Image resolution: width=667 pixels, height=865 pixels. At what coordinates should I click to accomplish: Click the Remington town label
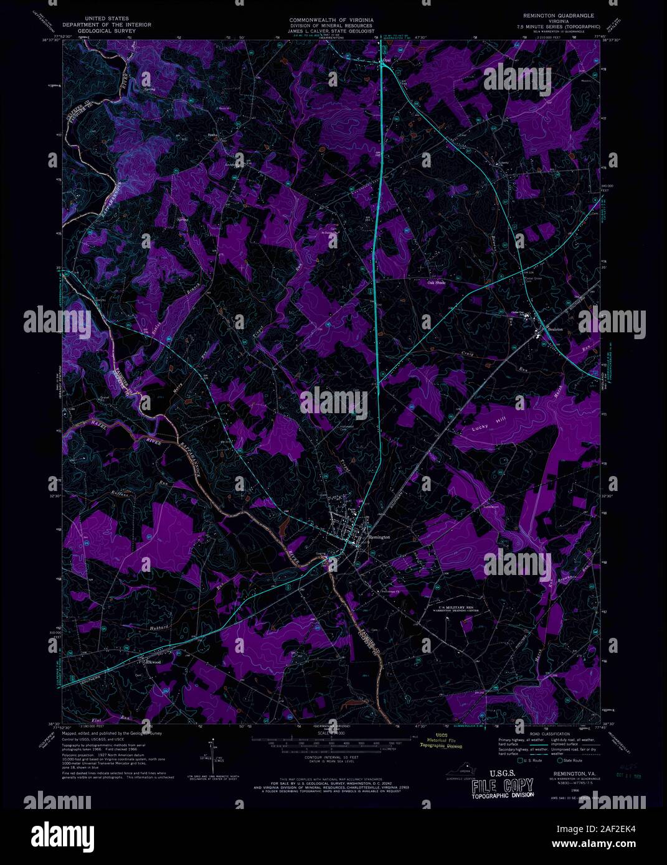379,536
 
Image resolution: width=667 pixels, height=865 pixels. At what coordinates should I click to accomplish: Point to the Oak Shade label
437,283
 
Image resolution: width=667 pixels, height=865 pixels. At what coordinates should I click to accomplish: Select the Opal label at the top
387,60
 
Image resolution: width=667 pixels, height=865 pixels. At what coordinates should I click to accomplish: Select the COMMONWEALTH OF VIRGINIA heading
330,21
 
